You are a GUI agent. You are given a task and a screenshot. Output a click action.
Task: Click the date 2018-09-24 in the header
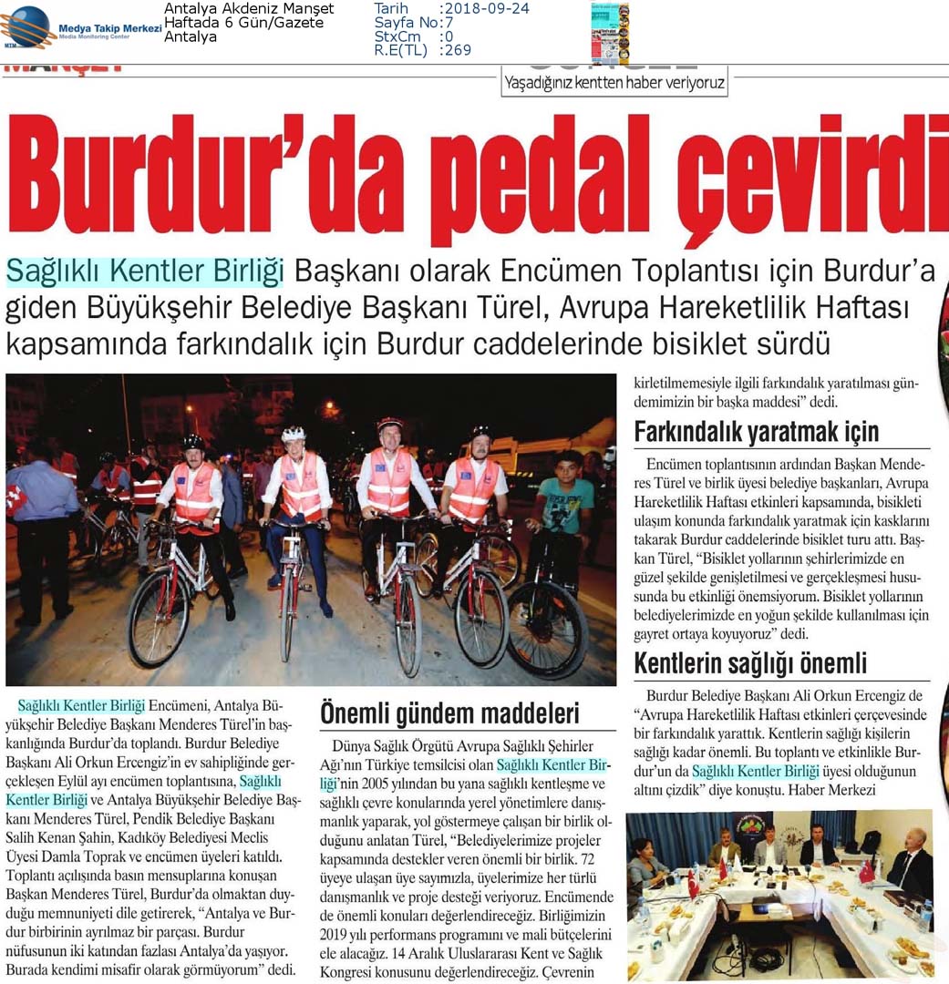(x=483, y=9)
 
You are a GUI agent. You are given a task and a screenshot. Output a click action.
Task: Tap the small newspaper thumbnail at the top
(x=609, y=31)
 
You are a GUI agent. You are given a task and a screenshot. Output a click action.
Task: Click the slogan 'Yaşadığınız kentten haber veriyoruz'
(x=614, y=83)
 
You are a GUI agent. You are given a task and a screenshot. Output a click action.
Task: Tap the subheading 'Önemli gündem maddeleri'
(x=449, y=713)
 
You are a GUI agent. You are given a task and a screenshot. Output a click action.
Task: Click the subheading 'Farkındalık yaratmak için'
(x=756, y=430)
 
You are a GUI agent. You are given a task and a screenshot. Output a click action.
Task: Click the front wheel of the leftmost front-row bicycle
(x=159, y=617)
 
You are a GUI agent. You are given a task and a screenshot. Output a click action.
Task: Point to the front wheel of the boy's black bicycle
(x=547, y=629)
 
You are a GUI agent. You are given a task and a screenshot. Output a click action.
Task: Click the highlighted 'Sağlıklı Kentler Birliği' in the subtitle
(x=145, y=271)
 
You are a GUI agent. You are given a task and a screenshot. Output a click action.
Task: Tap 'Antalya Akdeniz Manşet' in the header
(x=249, y=9)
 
